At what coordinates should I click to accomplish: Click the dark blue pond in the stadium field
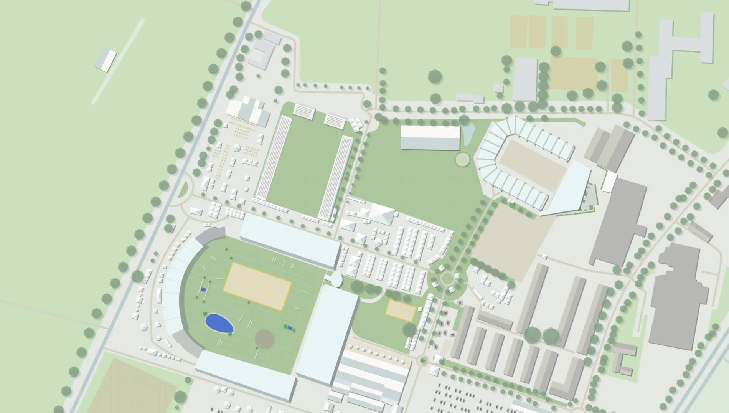click(219, 323)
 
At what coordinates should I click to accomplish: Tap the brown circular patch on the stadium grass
click(264, 338)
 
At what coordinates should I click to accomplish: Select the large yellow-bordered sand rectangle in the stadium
click(257, 286)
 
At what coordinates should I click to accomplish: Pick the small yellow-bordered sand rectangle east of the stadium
click(401, 310)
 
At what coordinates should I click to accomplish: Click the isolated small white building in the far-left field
click(106, 60)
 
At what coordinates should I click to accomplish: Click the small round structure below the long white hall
click(462, 159)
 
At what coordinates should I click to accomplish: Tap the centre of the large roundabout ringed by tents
click(447, 278)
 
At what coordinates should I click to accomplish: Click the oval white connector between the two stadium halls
click(336, 279)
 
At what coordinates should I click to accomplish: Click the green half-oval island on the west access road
click(184, 189)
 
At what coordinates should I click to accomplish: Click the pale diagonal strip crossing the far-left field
click(118, 61)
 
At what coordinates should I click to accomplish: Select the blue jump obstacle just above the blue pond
click(203, 290)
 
